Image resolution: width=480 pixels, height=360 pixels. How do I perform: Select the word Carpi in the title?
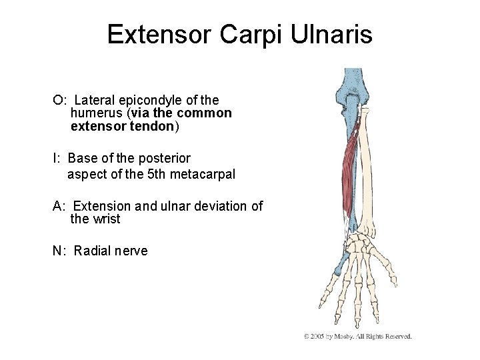pos(245,35)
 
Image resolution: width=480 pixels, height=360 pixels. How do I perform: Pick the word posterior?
pos(167,158)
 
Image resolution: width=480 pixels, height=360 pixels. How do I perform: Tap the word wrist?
pos(107,219)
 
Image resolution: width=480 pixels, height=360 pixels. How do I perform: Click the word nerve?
pos(132,251)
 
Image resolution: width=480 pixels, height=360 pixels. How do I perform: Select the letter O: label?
pos(59,100)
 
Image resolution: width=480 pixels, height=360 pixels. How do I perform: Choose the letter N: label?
pos(59,251)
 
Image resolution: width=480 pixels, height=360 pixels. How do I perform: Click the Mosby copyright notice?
pos(358,336)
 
